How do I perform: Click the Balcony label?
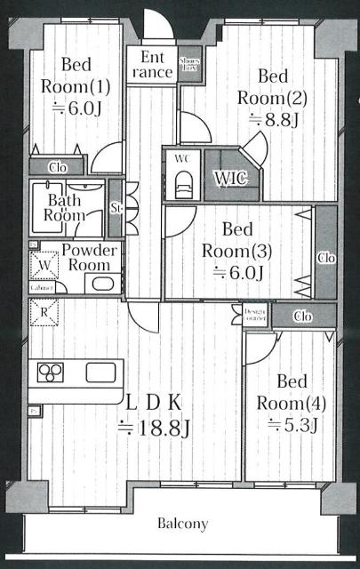[184, 524]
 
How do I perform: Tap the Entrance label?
[150, 65]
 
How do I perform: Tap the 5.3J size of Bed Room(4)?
[291, 424]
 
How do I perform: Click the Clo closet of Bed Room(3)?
[325, 257]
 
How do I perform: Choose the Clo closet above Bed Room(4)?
[302, 315]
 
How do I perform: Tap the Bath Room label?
[65, 208]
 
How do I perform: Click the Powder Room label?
[89, 258]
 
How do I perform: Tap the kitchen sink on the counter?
[100, 373]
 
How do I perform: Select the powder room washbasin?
[100, 284]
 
